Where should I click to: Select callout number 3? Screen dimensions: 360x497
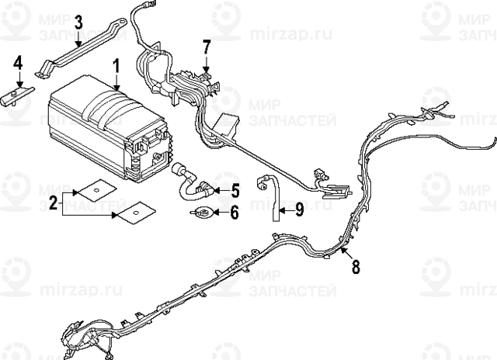78,24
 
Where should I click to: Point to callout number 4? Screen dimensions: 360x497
18,63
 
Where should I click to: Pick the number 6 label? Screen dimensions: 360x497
234,212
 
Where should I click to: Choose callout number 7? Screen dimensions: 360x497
206,47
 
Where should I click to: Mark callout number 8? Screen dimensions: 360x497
356,267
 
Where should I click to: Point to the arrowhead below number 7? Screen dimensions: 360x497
205,71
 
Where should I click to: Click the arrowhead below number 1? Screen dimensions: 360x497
115,92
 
